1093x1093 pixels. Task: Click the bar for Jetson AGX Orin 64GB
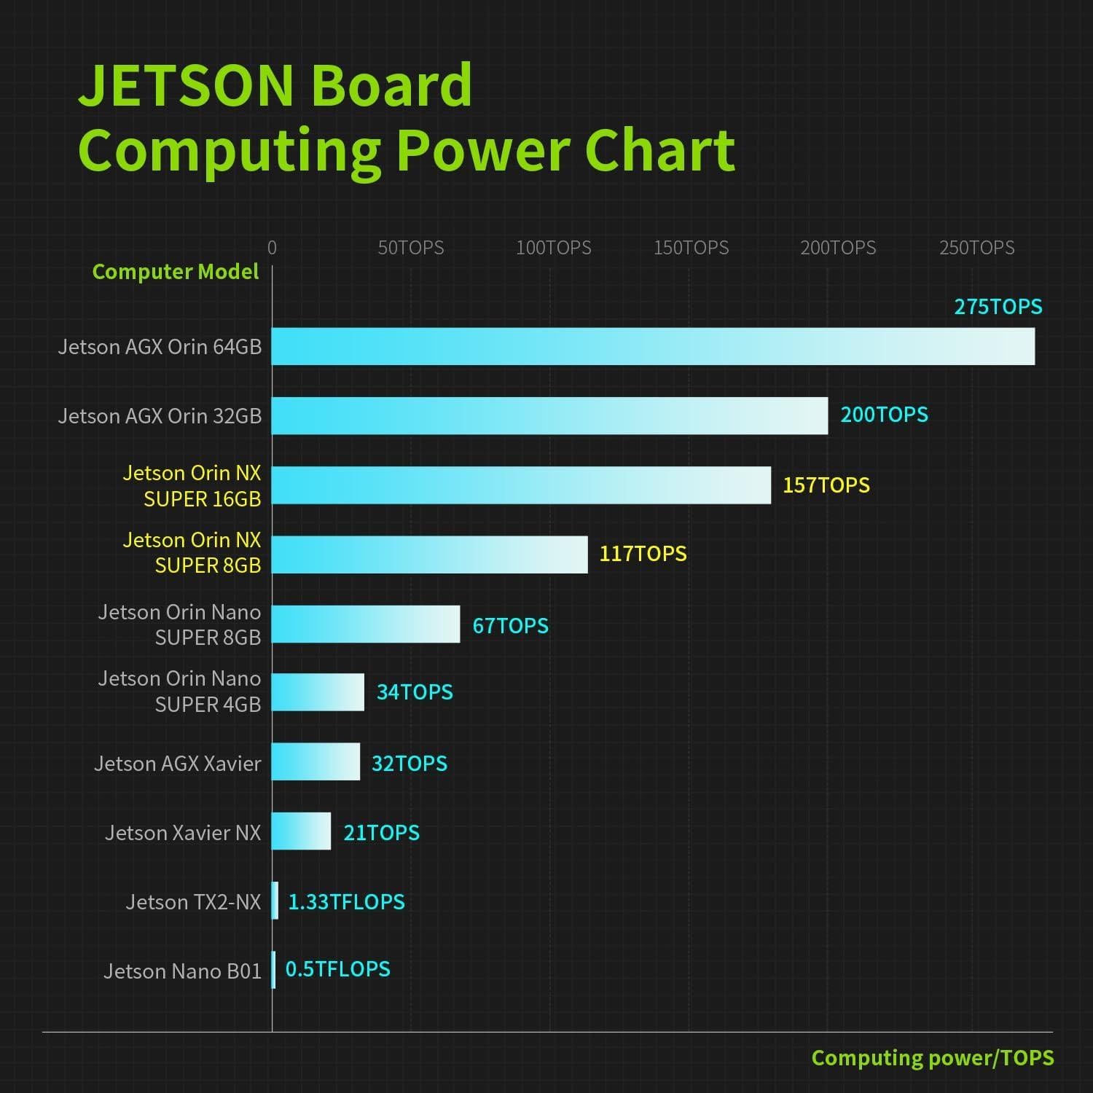[x=653, y=346]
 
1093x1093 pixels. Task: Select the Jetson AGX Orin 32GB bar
[x=549, y=415]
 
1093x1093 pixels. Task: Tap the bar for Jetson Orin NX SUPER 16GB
[x=521, y=485]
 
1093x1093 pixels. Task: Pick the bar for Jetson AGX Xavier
[x=316, y=761]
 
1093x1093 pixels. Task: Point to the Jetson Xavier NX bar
[x=301, y=831]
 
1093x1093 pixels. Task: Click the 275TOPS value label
[x=998, y=307]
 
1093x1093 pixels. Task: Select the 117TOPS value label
[x=643, y=554]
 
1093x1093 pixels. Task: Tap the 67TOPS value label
[x=510, y=626]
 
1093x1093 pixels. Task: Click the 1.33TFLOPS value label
[x=346, y=902]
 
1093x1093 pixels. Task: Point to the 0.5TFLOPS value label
[x=337, y=969]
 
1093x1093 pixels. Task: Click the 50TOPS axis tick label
[x=410, y=248]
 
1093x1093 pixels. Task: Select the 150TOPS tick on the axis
[x=691, y=248]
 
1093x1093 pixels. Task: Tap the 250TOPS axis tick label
[x=976, y=248]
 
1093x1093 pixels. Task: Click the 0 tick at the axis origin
[x=272, y=248]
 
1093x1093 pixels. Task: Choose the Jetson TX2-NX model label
[x=193, y=902]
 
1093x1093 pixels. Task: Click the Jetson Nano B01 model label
[x=182, y=971]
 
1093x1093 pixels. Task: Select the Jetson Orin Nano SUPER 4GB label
[x=179, y=692]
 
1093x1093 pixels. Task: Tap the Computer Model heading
[x=175, y=272]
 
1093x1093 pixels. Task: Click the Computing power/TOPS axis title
[x=933, y=1058]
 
